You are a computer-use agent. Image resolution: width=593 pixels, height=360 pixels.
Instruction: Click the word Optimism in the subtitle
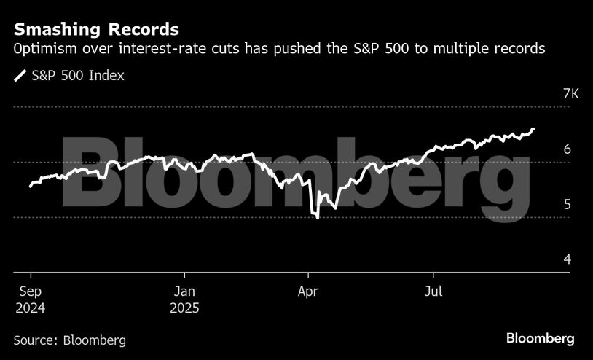coord(42,50)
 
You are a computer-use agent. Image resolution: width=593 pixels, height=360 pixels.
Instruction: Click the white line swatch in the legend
coord(20,75)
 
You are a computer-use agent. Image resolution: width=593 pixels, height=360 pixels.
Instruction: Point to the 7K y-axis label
coord(551,95)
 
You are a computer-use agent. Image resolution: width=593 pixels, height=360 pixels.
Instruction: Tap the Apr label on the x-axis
coord(309,291)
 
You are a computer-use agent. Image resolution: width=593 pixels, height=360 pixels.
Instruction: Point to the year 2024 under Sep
coord(30,308)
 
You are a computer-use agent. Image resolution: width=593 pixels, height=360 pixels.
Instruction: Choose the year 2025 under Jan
coord(184,308)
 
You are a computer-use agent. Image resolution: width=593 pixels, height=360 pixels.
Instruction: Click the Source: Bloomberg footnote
coord(70,340)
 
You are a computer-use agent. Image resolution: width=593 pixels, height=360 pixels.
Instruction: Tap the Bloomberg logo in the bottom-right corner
coord(541,339)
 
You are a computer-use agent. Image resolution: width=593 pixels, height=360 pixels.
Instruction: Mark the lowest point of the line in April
coord(318,218)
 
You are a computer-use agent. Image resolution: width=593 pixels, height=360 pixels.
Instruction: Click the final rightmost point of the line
coord(534,129)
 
